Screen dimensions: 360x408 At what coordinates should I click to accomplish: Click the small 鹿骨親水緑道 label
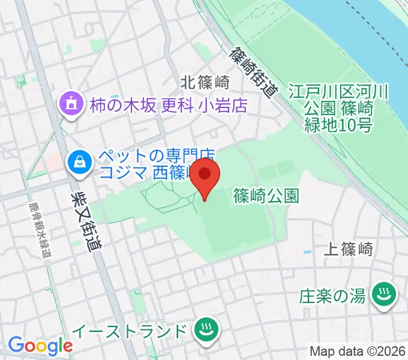[x=37, y=228]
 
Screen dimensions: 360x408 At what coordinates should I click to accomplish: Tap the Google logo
[x=40, y=345]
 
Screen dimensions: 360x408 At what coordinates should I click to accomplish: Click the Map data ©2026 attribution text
[x=358, y=351]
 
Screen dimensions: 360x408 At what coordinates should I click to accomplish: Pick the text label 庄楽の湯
[x=332, y=295]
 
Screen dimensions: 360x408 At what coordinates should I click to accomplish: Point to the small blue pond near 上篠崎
[x=308, y=251]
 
